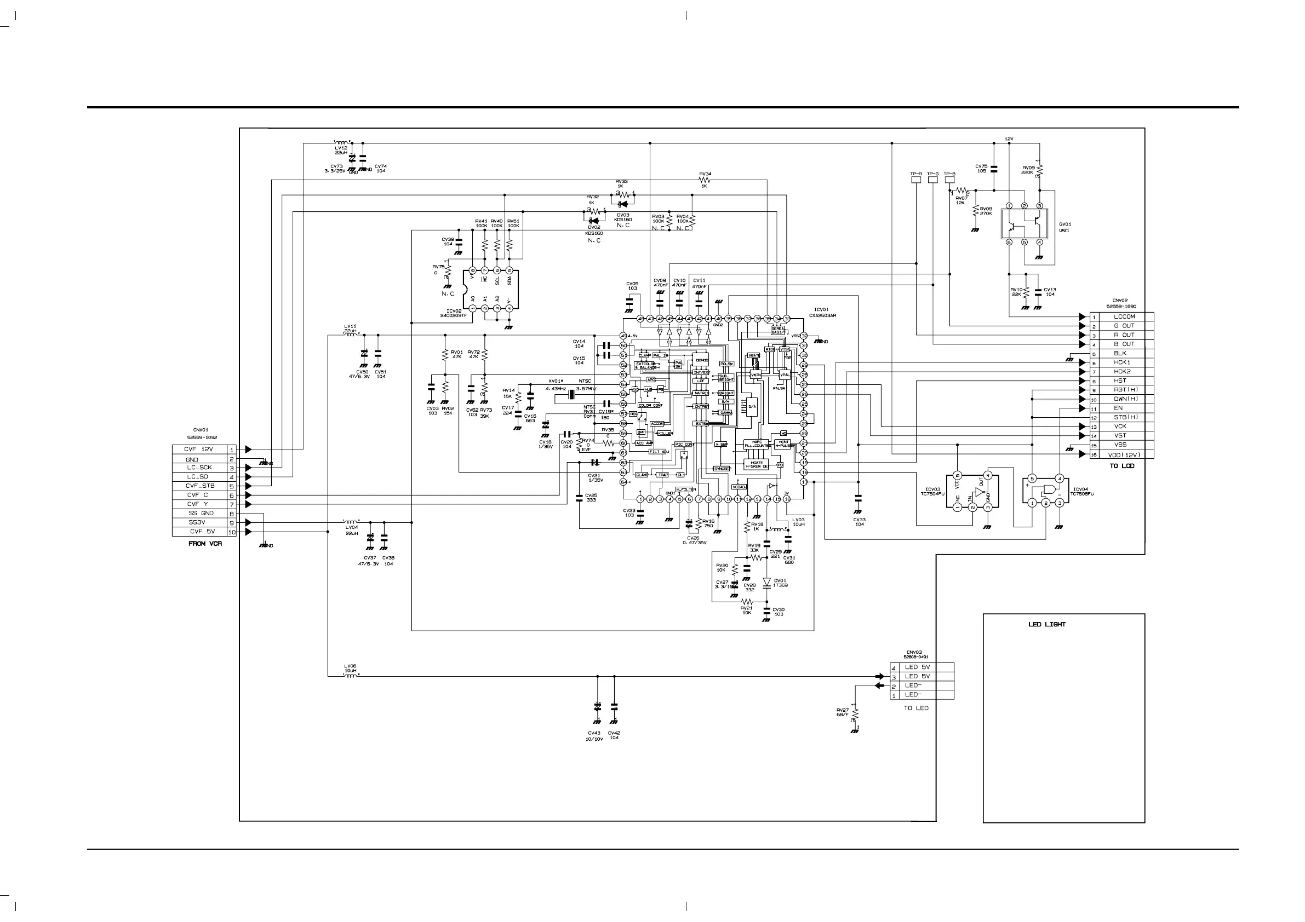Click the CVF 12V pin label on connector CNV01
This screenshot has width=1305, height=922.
click(x=198, y=450)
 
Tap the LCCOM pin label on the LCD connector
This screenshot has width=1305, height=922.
click(x=1124, y=316)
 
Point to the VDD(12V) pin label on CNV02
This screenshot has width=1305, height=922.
click(x=1124, y=454)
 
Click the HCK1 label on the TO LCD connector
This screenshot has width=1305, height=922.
click(x=1122, y=362)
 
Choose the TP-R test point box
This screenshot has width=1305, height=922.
click(x=916, y=180)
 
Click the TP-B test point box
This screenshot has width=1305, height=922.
click(x=950, y=180)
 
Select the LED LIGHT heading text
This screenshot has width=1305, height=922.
click(x=1047, y=624)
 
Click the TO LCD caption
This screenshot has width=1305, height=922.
click(x=1122, y=466)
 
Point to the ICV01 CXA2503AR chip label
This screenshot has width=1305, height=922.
click(x=825, y=313)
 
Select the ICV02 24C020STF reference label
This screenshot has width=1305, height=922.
click(x=456, y=313)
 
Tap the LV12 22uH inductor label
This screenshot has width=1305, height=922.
click(x=341, y=150)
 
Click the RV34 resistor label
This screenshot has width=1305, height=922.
click(x=705, y=174)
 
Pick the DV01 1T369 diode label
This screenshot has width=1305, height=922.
click(x=780, y=583)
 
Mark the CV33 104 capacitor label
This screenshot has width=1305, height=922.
click(x=859, y=522)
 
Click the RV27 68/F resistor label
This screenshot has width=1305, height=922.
click(x=843, y=712)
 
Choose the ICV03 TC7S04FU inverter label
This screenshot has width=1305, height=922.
click(x=932, y=492)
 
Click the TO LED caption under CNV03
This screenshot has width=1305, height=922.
click(x=916, y=708)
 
